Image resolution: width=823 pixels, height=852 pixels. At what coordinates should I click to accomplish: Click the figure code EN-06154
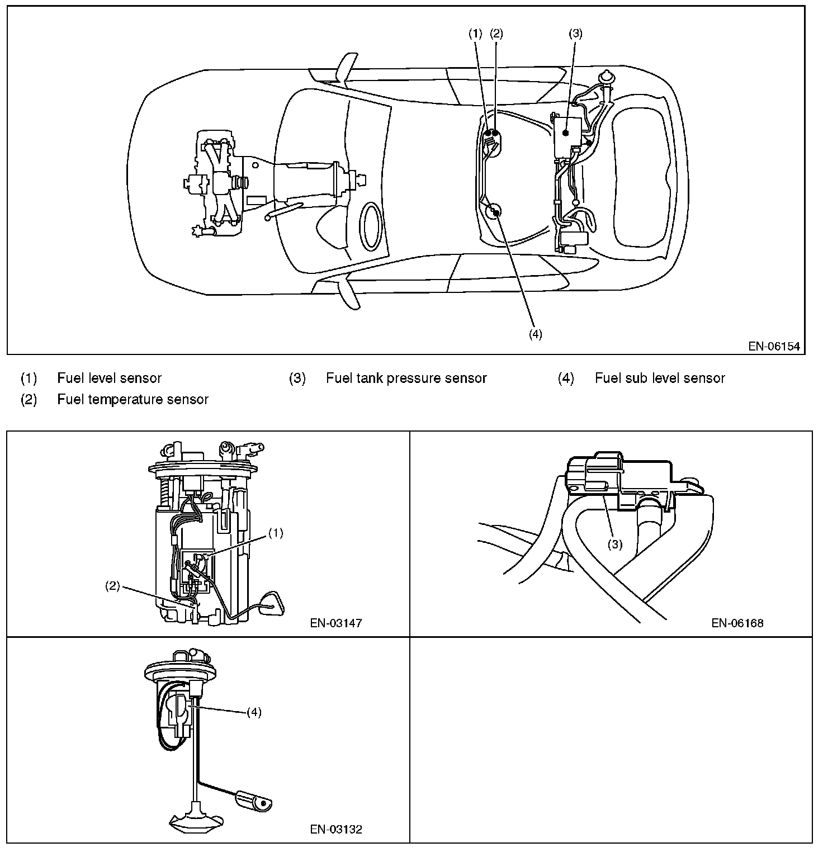pyautogui.click(x=774, y=347)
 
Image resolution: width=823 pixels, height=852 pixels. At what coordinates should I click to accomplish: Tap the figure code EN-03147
pyautogui.click(x=335, y=623)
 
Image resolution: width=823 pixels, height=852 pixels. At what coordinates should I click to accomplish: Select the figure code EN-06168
pyautogui.click(x=737, y=623)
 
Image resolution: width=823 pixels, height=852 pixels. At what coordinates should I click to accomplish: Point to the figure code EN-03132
pyautogui.click(x=335, y=829)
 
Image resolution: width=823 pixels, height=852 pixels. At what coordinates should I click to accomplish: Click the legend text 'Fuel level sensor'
pyautogui.click(x=109, y=378)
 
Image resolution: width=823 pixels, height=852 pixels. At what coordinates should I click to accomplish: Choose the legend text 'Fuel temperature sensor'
pyautogui.click(x=133, y=400)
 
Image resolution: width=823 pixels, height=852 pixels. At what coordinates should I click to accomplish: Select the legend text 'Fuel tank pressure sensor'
pyautogui.click(x=406, y=378)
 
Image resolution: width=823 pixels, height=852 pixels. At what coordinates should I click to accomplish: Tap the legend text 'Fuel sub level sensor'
pyautogui.click(x=660, y=378)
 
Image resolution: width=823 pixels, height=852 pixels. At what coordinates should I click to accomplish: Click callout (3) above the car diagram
pyautogui.click(x=575, y=34)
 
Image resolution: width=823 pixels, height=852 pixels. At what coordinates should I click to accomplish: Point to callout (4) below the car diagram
pyautogui.click(x=535, y=334)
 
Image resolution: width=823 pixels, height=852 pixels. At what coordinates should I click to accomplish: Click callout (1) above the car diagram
pyautogui.click(x=475, y=34)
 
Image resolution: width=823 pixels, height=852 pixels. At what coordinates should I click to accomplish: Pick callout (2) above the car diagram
pyautogui.click(x=496, y=34)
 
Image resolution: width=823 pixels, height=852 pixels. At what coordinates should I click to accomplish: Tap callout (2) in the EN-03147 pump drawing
pyautogui.click(x=113, y=586)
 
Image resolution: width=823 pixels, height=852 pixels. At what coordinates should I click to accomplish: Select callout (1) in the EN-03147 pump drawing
pyautogui.click(x=276, y=533)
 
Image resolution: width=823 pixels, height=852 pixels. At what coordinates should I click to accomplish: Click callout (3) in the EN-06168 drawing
pyautogui.click(x=614, y=544)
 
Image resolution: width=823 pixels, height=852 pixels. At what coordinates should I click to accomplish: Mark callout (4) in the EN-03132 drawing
pyautogui.click(x=254, y=712)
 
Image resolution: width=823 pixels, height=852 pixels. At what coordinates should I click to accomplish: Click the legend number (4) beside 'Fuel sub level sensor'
pyautogui.click(x=566, y=378)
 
